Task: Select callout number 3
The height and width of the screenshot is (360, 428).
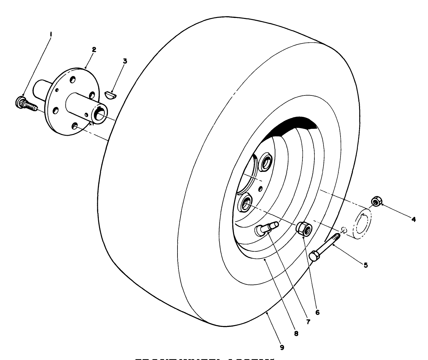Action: (x=125, y=61)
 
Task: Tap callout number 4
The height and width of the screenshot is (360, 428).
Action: (x=414, y=219)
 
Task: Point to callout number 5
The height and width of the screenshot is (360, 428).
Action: (x=366, y=265)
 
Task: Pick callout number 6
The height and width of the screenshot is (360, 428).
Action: (x=317, y=312)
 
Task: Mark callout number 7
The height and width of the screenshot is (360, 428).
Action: (x=308, y=322)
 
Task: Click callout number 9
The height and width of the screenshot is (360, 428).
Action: (x=282, y=347)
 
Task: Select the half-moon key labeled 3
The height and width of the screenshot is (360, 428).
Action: (x=110, y=94)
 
